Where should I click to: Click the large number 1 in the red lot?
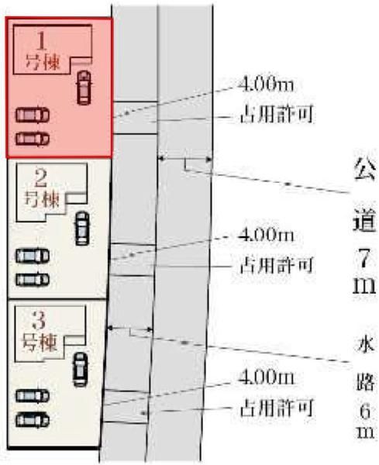42,40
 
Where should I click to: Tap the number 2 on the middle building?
41,178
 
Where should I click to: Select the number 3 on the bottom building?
40,321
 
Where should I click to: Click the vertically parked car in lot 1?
84,88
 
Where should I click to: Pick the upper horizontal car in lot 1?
33,115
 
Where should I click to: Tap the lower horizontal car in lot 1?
33,139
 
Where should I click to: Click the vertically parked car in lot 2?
82,228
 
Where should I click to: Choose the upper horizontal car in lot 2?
33,256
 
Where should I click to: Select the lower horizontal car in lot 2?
33,280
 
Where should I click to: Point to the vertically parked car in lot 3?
80,370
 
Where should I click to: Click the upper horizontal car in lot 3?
33,396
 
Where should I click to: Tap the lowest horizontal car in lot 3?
33,420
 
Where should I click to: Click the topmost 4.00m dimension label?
266,85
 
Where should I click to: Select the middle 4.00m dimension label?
266,235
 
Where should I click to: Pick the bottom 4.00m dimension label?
266,378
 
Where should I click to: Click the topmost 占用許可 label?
277,114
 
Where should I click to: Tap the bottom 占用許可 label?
277,408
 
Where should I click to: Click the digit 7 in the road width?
365,259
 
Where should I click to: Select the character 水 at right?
365,343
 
